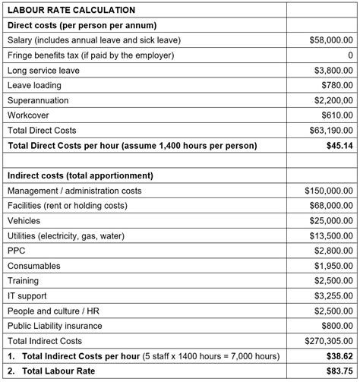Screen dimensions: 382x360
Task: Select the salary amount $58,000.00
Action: tap(331, 40)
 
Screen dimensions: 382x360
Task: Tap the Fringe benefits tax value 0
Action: tap(350, 55)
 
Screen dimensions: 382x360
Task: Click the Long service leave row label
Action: tap(43, 71)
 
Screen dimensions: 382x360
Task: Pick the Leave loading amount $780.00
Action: tap(337, 85)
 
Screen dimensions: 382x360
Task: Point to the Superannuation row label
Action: tap(38, 100)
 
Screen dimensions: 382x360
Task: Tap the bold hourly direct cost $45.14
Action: tap(339, 144)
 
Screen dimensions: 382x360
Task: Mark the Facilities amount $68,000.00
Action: tap(331, 205)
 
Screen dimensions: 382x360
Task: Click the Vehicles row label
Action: tap(25, 220)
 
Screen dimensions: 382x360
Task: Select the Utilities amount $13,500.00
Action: tap(331, 235)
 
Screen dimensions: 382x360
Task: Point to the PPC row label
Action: tap(17, 250)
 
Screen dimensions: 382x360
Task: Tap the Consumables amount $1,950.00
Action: tap(334, 265)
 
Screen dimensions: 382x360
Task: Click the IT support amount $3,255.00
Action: tap(334, 295)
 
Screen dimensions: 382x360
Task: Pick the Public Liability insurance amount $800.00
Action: tap(337, 325)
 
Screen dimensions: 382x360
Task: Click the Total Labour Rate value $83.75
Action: tap(339, 371)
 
